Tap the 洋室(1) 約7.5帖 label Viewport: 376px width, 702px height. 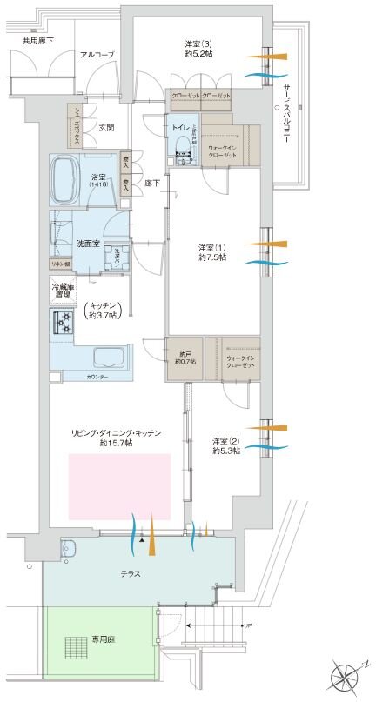click(211, 252)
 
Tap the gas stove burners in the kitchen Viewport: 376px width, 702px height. click(65, 323)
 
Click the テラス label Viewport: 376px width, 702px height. click(130, 574)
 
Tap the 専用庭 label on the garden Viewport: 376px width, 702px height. click(103, 638)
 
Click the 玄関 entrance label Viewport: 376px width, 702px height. click(106, 127)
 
